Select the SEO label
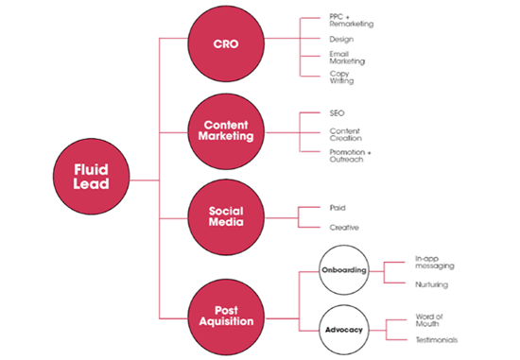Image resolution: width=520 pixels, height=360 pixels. [x=338, y=114]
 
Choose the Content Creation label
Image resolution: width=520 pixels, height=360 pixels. [x=345, y=135]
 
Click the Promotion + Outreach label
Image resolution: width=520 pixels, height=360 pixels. [x=347, y=155]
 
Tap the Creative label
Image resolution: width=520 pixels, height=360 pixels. [x=342, y=228]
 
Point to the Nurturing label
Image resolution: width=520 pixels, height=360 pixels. [x=431, y=283]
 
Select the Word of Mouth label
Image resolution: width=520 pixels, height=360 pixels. [x=430, y=322]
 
